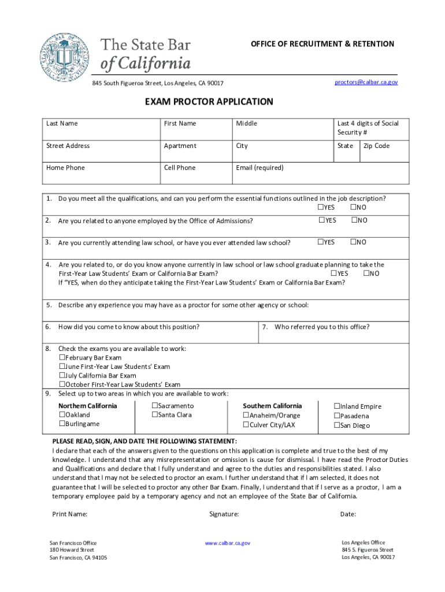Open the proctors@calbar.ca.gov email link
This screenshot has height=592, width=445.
[x=366, y=82]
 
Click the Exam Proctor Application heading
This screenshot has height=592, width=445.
[x=209, y=102]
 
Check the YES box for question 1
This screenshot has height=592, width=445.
[x=320, y=208]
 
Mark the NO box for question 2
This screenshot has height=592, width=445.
[x=354, y=220]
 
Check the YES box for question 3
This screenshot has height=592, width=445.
[x=320, y=242]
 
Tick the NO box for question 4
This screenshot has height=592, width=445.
[x=366, y=273]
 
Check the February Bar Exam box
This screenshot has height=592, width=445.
[x=62, y=358]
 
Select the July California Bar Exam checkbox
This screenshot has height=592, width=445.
[x=62, y=376]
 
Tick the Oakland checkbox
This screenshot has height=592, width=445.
[x=62, y=415]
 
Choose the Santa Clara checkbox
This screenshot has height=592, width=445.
[x=155, y=415]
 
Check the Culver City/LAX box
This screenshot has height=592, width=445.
[x=246, y=425]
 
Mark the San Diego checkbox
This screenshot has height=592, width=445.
[x=337, y=425]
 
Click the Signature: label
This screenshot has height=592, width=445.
[x=224, y=514]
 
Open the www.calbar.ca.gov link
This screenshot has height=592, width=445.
[x=228, y=543]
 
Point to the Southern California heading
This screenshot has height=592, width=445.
[x=272, y=406]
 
